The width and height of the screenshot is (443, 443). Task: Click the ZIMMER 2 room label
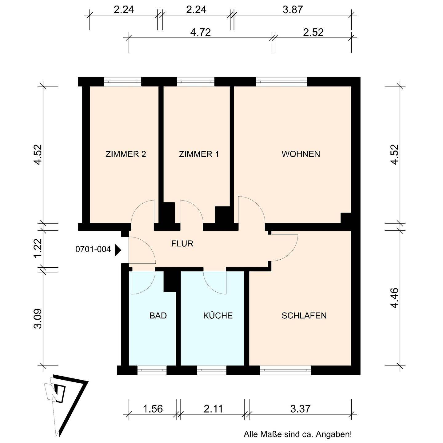coord(126,154)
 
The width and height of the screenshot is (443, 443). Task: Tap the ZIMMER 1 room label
coord(199,154)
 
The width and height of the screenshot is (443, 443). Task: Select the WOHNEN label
coord(301,154)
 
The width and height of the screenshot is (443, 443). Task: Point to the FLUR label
coord(182,243)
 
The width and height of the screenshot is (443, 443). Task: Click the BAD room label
coord(158,315)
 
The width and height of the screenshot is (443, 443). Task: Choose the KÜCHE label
coord(218,315)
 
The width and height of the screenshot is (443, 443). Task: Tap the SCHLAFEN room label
coord(304,315)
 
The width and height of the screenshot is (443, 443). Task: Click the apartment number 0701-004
coord(93,249)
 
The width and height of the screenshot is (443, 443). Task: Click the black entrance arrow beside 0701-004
coord(118,250)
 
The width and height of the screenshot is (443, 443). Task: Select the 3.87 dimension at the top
coord(293,10)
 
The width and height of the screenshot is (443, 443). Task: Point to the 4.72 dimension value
coord(201,32)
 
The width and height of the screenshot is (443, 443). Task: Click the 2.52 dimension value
coord(313,32)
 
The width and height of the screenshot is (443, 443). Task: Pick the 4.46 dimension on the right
coord(394,298)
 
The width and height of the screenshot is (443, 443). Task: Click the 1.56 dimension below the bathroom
coord(153,409)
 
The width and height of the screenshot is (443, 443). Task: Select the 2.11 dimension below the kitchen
coord(213,409)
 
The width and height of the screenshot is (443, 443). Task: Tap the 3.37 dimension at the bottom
coord(300,409)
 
